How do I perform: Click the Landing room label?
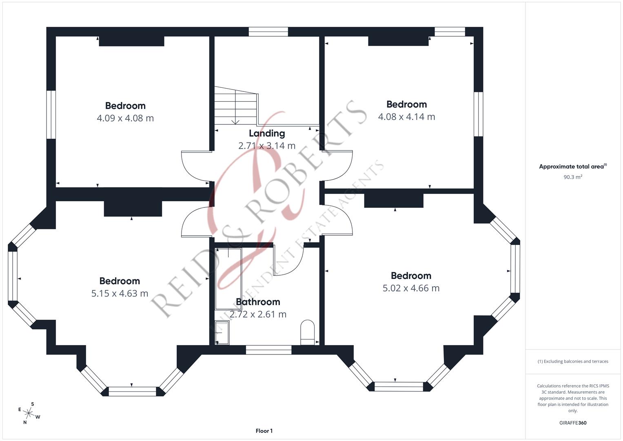click(267, 133)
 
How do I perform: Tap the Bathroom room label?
click(258, 302)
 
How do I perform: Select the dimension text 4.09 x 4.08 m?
click(125, 118)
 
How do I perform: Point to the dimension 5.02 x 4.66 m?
click(411, 288)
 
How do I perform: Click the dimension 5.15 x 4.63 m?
click(120, 294)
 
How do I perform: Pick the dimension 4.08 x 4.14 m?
click(406, 117)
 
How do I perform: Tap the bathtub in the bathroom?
click(228, 278)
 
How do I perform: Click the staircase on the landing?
click(236, 107)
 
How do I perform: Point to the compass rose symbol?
click(29, 413)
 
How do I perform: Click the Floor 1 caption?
click(264, 431)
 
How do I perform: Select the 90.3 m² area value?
click(572, 177)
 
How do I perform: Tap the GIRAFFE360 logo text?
click(572, 423)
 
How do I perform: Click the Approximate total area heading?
click(572, 167)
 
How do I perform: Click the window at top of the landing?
click(268, 32)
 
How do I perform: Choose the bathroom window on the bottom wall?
click(268, 350)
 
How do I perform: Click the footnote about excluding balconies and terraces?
click(572, 361)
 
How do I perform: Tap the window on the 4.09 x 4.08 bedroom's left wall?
click(51, 114)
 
